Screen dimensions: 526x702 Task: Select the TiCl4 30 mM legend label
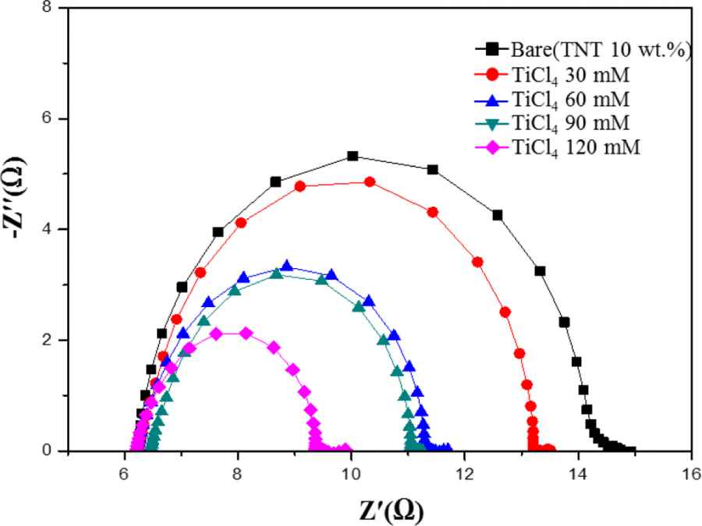coord(564,75)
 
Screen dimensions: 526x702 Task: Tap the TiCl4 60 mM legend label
coord(564,99)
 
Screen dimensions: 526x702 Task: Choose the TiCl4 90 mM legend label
coord(564,122)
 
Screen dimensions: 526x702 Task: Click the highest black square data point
coord(353,156)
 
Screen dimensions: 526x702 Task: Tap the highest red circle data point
coord(370,182)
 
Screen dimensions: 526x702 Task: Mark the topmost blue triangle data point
coord(287,267)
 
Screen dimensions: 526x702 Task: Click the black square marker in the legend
coord(491,51)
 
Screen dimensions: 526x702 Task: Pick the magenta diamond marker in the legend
coord(491,147)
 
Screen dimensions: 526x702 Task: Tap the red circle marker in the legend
coord(491,75)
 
